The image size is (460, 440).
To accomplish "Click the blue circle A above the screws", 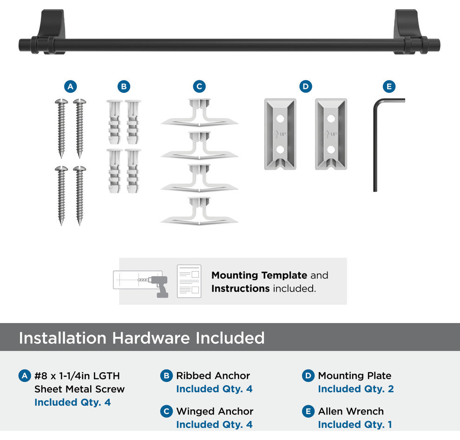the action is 71,86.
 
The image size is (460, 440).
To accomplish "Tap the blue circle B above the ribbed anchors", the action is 124,86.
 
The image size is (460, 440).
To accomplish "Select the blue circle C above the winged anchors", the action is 199,86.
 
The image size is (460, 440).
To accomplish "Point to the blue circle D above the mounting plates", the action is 306,86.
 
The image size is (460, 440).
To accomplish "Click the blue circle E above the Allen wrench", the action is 389,86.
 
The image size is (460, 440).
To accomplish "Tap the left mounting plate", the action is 280,134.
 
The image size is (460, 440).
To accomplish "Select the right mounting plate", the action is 331,134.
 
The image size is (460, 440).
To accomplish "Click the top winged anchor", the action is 199,113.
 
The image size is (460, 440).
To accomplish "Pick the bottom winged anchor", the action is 199,211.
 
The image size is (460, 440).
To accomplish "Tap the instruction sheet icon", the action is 189,281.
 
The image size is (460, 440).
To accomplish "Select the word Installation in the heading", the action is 62,338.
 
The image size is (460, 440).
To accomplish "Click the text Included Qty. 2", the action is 356,388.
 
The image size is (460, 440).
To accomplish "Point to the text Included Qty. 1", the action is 355,424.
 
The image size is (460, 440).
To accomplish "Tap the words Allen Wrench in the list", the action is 351,411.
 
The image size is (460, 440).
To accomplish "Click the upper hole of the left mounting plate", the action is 280,119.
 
